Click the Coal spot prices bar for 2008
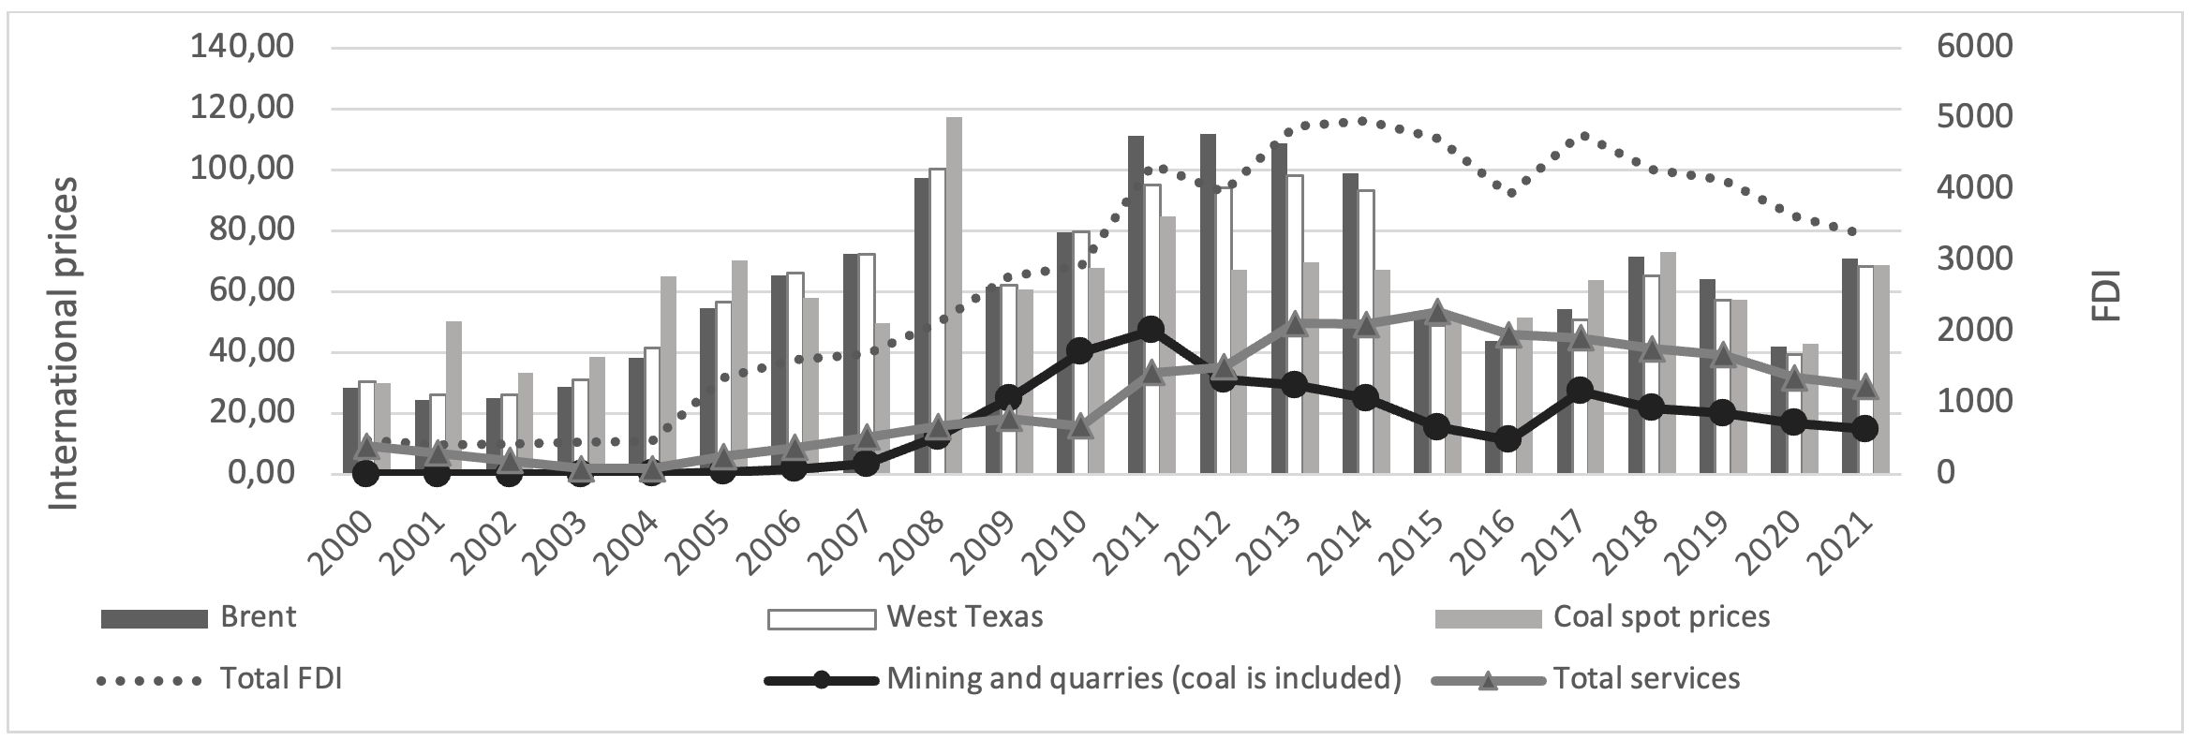tap(954, 295)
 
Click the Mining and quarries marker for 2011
tap(1151, 329)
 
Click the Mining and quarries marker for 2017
tap(1581, 391)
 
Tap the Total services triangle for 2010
tap(1080, 426)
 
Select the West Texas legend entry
tap(964, 617)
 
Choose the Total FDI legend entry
tap(280, 679)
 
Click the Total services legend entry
tap(1646, 679)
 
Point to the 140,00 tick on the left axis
tap(243, 47)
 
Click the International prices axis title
tap(64, 345)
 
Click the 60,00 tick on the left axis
tap(249, 291)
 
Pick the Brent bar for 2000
tap(350, 431)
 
